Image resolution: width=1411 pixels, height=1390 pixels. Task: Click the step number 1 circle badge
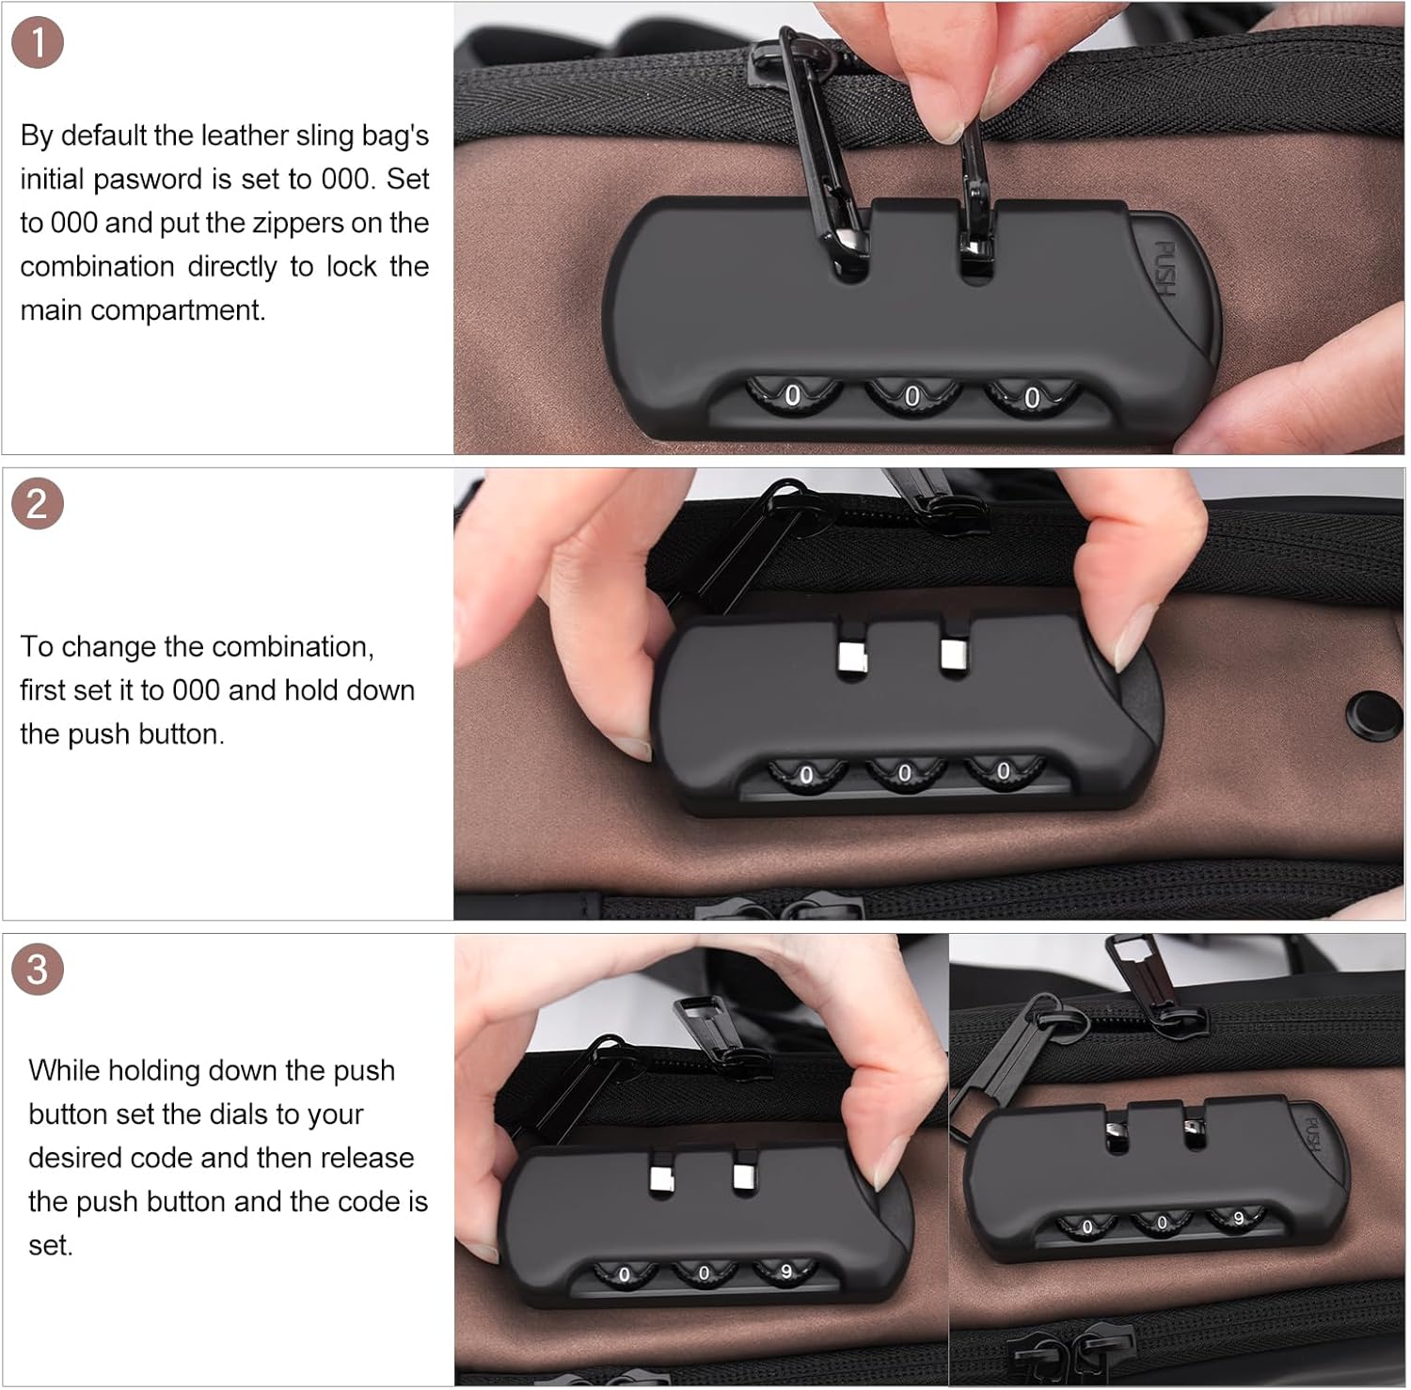click(38, 43)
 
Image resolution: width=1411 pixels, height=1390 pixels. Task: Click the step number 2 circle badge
click(38, 504)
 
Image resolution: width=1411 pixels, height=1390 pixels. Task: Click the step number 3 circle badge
click(38, 970)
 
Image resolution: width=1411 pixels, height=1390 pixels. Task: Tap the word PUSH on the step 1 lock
click(1165, 269)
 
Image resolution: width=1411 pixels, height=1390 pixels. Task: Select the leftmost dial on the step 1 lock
click(793, 395)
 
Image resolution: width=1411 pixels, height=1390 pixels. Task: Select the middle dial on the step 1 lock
click(912, 397)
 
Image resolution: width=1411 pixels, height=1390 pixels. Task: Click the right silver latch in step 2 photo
click(955, 654)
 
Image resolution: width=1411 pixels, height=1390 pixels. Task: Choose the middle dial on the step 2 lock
click(904, 773)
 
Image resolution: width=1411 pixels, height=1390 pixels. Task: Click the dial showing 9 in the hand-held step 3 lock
click(785, 1272)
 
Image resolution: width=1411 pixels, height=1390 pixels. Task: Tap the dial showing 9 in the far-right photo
click(1237, 1219)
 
